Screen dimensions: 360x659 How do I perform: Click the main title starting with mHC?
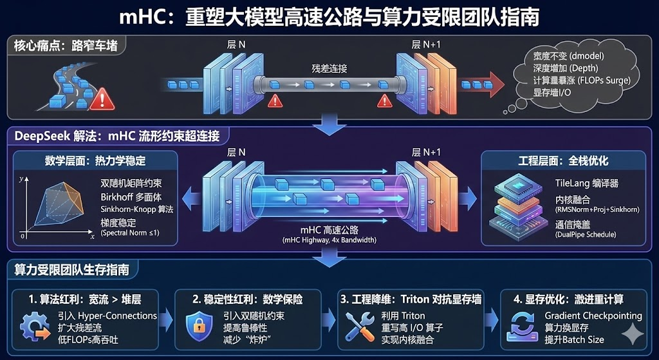(329, 17)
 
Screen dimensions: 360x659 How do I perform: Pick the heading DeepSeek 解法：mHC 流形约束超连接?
(116, 136)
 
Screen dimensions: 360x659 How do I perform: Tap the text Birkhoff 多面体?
(131, 196)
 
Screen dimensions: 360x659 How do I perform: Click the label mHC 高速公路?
(329, 231)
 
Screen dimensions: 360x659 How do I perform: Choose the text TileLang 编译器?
(586, 183)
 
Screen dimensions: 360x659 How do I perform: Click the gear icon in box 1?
(35, 326)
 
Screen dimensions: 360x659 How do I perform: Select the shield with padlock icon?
(200, 326)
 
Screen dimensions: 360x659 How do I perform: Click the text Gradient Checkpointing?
(593, 316)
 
